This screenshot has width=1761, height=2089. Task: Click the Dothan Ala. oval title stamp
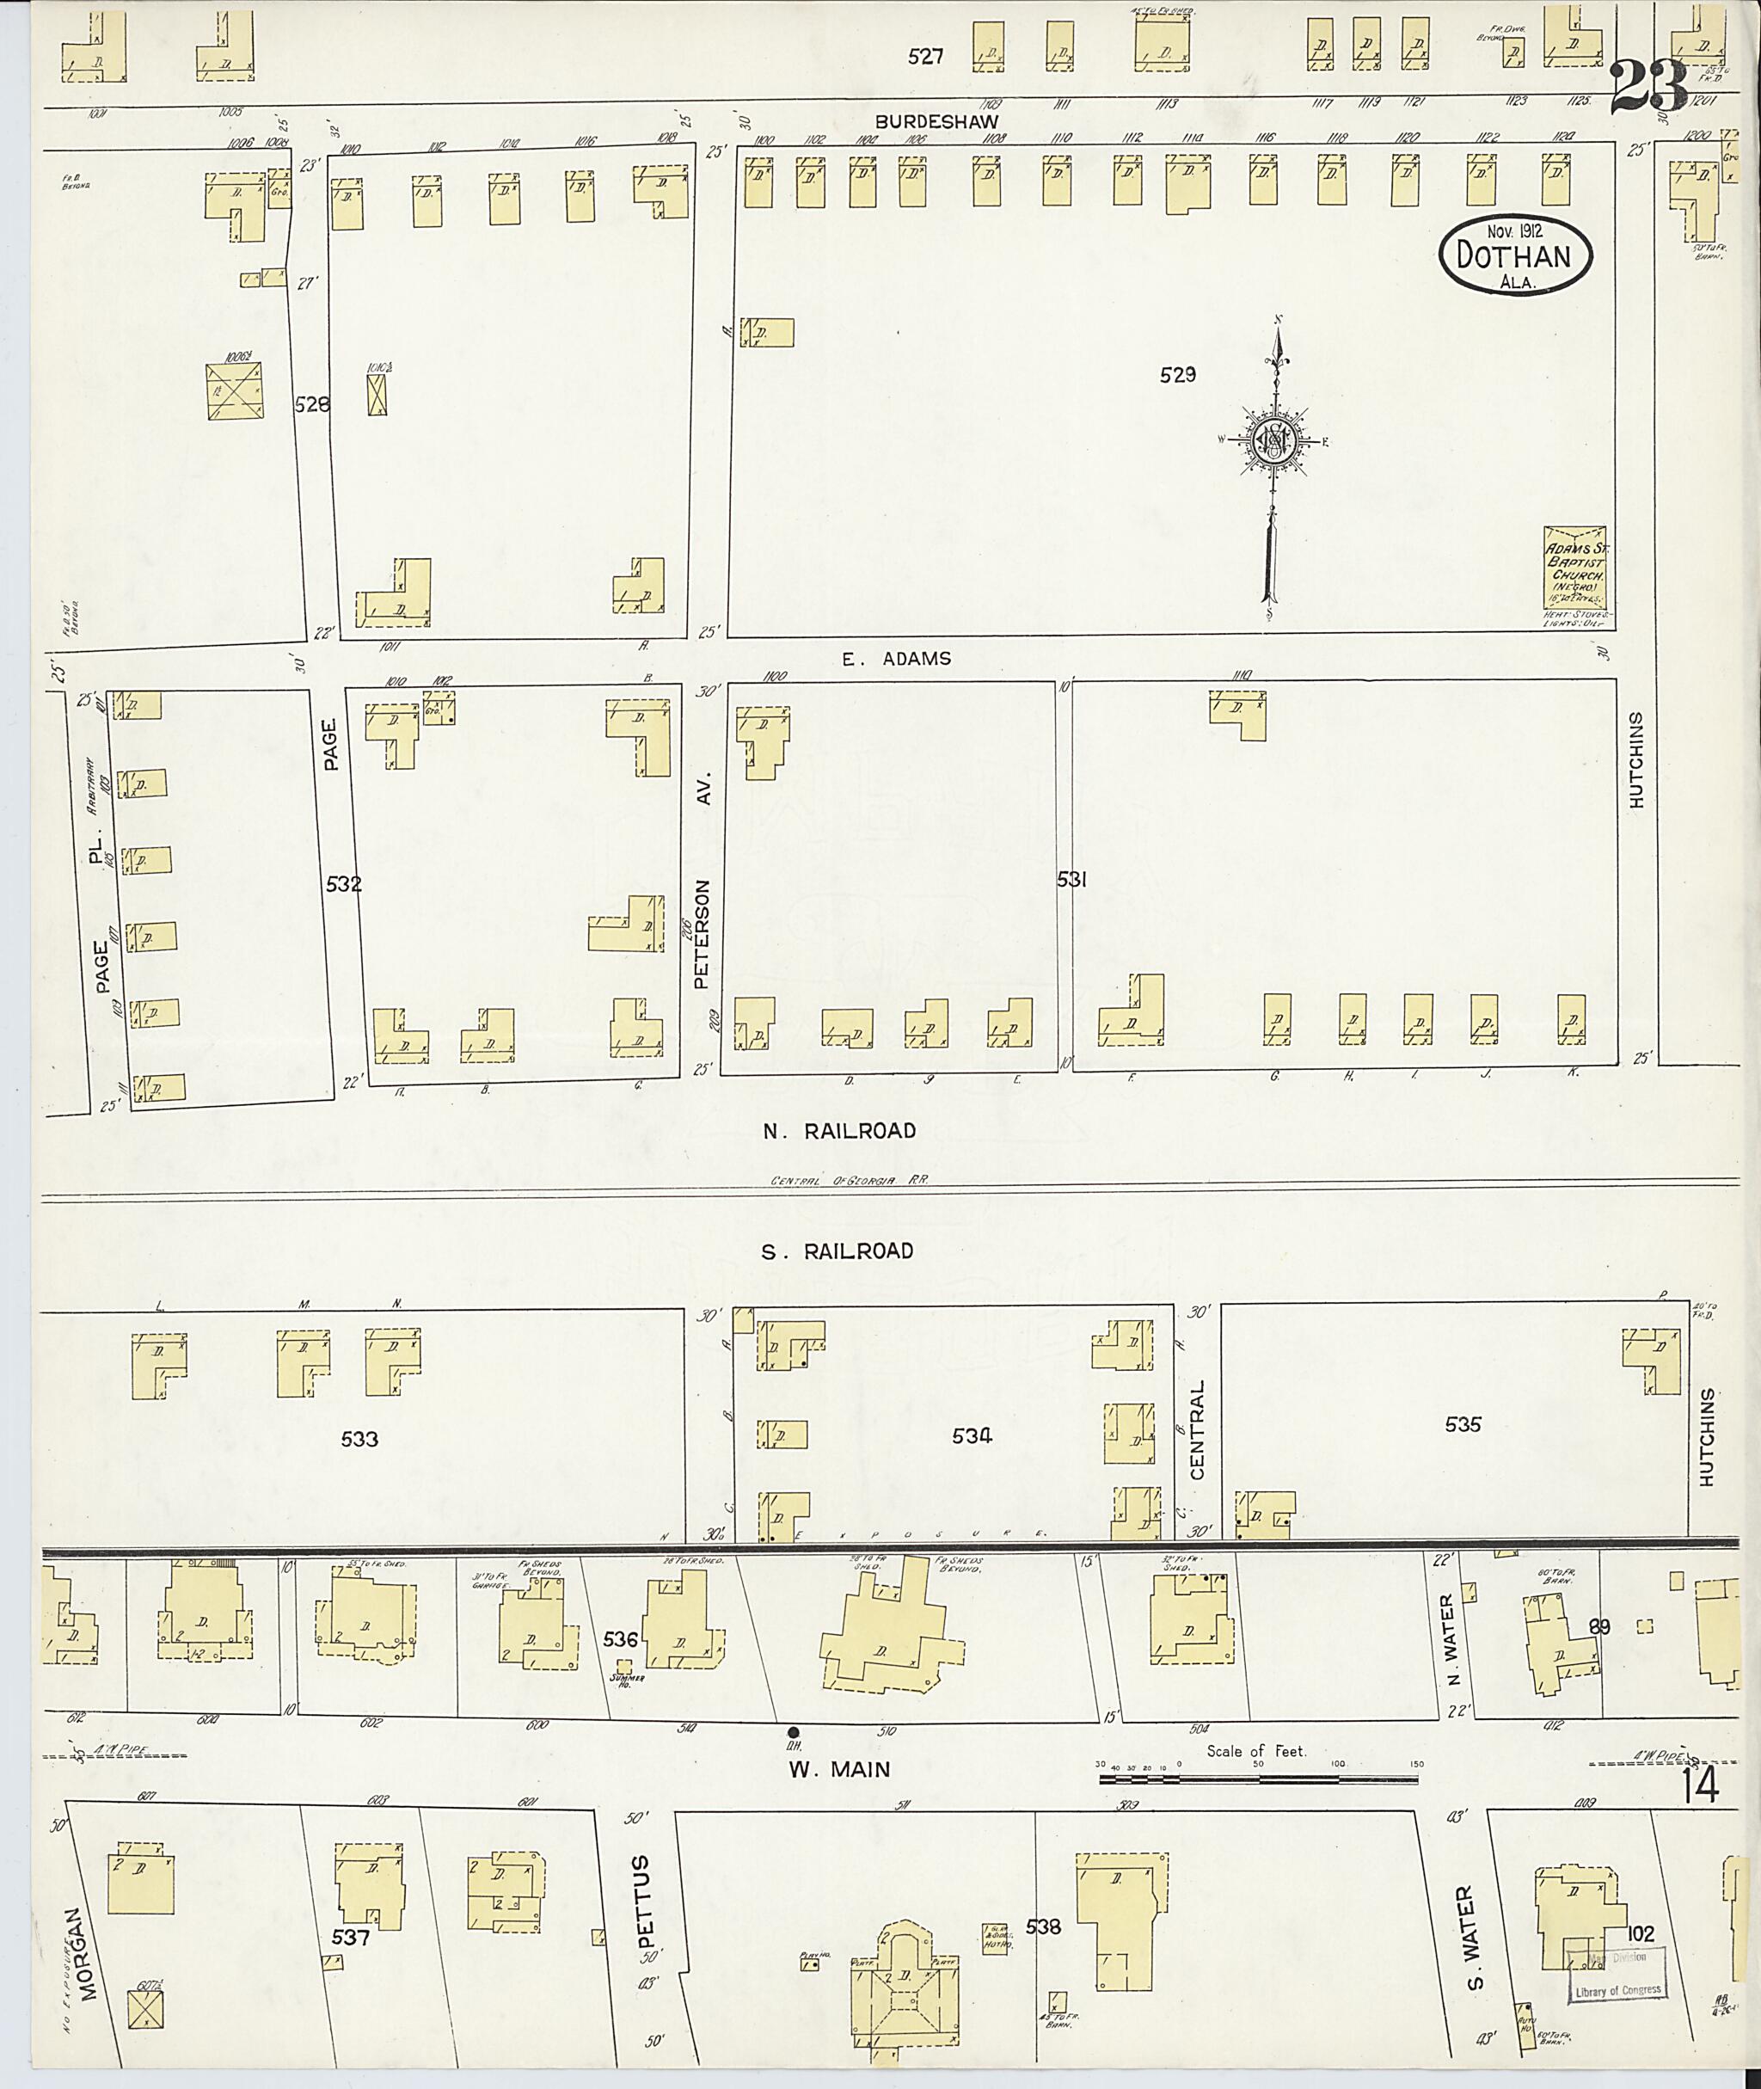pyautogui.click(x=1514, y=255)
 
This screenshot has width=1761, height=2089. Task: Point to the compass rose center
pyautogui.click(x=1275, y=440)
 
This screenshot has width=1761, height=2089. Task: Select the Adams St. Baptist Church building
pyautogui.click(x=1576, y=567)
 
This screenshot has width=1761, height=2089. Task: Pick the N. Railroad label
pyautogui.click(x=838, y=1130)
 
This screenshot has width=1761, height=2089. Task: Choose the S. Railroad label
pyautogui.click(x=837, y=1251)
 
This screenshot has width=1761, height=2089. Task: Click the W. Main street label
pyautogui.click(x=838, y=1769)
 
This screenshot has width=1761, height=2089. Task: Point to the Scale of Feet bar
pyautogui.click(x=1257, y=1779)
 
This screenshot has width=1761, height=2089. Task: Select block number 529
pyautogui.click(x=1177, y=376)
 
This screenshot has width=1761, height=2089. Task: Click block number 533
pyautogui.click(x=359, y=1439)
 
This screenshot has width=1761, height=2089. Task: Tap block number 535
pyautogui.click(x=1463, y=1425)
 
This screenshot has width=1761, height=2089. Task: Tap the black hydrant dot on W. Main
pyautogui.click(x=794, y=1731)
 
